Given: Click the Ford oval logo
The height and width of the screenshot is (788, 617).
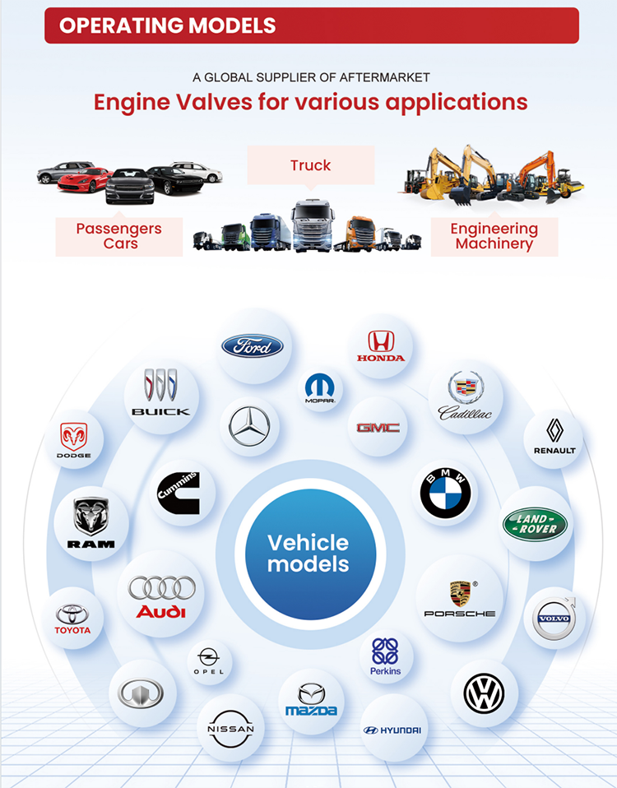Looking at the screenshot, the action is point(253,346).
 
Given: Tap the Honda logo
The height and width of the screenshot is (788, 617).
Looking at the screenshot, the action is point(381,346).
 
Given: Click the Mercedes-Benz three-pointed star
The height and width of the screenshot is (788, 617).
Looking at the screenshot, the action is point(249,426).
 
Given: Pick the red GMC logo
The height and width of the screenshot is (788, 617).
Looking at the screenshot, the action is point(378,428).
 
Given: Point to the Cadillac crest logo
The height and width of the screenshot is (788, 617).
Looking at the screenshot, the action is point(466,396).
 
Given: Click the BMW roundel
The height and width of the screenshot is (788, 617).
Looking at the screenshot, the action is point(445,493).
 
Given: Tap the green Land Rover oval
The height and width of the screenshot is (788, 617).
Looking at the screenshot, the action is point(535,524).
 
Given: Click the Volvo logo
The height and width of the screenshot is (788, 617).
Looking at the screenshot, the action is point(554,618).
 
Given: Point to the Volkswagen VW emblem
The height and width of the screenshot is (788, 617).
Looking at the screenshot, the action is point(484,693).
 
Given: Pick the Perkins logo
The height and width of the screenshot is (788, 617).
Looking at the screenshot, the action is point(385,656).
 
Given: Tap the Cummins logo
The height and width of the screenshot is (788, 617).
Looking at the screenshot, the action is point(179,493).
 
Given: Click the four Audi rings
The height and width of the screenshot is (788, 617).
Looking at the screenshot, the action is point(162,587).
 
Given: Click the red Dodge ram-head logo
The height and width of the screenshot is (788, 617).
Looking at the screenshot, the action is point(74,436).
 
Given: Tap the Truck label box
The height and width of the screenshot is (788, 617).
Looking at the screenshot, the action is point(310,165).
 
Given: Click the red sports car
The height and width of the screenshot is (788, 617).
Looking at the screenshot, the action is point(84,180).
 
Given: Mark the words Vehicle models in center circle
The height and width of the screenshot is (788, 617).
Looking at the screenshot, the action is point(308,554).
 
